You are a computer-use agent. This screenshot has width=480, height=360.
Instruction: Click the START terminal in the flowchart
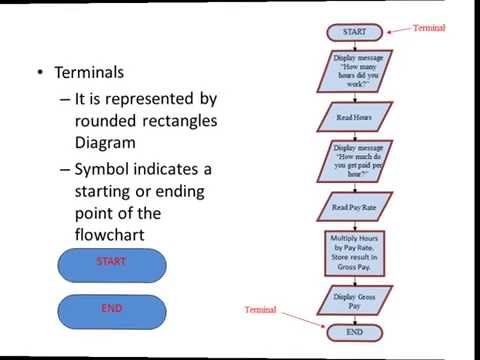point(354,32)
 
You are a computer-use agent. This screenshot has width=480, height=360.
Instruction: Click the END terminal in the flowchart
point(354,331)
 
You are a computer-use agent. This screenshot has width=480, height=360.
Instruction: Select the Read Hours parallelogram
point(354,116)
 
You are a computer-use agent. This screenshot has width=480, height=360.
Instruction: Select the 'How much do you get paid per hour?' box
point(354,161)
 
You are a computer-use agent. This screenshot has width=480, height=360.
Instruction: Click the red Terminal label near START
point(430,27)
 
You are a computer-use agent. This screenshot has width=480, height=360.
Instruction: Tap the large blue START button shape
point(111,262)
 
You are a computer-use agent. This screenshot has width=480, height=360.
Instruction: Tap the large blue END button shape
point(111,310)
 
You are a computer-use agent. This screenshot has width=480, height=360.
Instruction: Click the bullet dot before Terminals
point(39,74)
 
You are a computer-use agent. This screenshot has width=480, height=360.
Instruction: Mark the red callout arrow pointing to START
point(397,29)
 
